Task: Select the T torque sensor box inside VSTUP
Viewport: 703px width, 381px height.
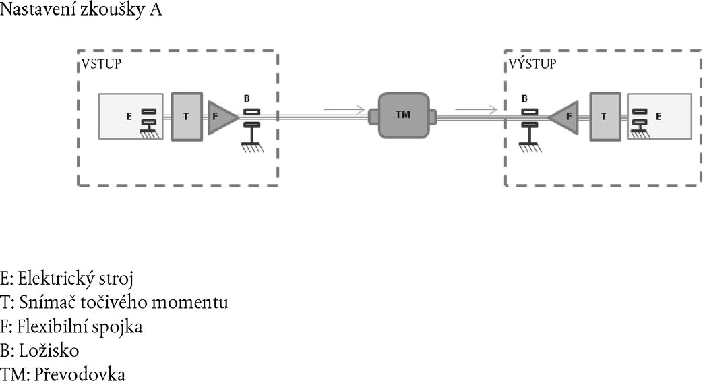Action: pos(187,117)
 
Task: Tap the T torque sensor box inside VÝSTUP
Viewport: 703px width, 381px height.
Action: pos(605,116)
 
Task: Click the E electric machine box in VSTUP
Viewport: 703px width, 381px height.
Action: pos(130,116)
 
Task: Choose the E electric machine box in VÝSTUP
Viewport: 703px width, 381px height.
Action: pos(659,116)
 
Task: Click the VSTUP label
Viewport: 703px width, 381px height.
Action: pos(101,65)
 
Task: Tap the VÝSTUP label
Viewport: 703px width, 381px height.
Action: pos(532,65)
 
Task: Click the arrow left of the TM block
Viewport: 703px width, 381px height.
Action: pos(344,107)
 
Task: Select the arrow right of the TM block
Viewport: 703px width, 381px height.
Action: pos(477,107)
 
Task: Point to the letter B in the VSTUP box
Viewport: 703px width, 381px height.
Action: pos(247,98)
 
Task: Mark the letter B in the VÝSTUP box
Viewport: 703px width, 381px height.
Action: pos(524,98)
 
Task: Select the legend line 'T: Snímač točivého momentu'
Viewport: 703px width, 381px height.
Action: pos(115,302)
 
